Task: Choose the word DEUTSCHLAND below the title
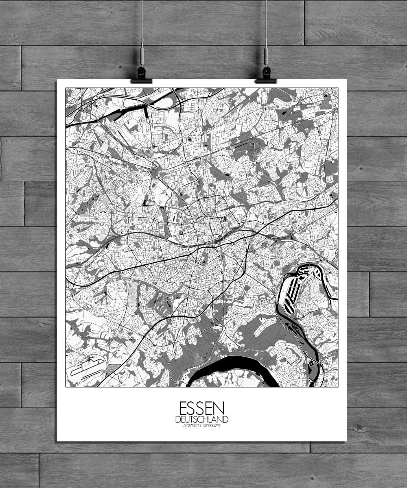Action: pos(201,419)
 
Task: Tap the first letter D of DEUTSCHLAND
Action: pos(177,419)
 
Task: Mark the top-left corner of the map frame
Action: pos(66,88)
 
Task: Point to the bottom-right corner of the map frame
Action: pos(338,387)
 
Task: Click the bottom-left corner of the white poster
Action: pos(57,441)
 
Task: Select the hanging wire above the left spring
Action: pos(142,20)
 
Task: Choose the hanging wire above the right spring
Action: pos(266,20)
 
